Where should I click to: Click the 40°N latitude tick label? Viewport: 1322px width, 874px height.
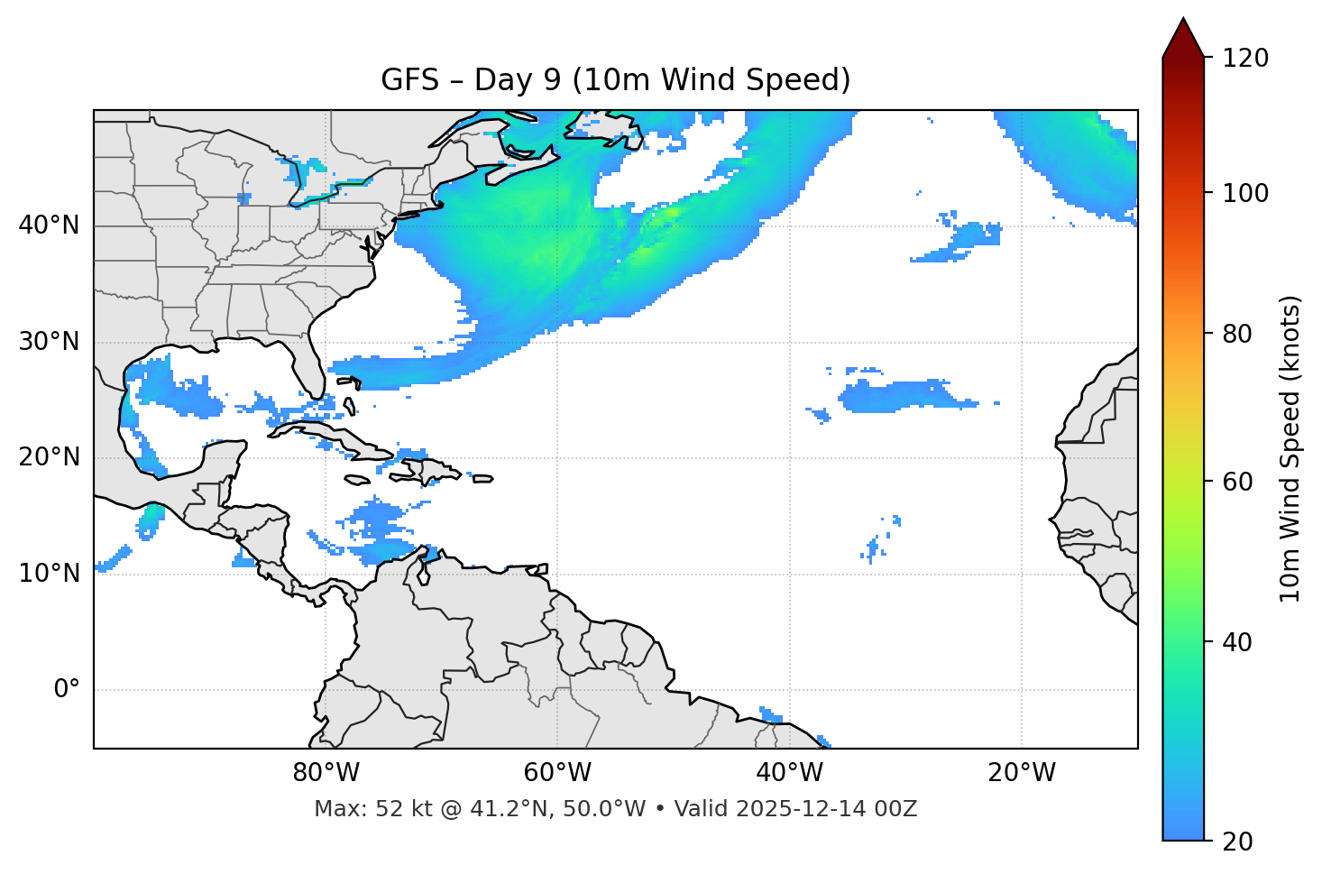pos(49,225)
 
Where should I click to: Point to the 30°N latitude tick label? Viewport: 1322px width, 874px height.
pos(49,342)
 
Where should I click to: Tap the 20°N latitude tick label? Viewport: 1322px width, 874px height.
pos(49,457)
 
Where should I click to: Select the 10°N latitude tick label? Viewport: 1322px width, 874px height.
pos(49,574)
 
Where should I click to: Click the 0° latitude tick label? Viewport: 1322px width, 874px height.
pos(66,690)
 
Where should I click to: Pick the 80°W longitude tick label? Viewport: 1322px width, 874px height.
pos(326,773)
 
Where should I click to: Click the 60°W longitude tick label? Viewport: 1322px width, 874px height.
pos(557,773)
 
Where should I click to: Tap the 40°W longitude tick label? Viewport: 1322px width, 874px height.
pos(789,773)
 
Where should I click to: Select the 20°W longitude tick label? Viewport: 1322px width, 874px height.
pos(1022,773)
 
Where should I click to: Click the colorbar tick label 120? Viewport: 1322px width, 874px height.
pos(1245,59)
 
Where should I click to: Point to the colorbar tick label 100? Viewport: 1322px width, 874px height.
pos(1245,193)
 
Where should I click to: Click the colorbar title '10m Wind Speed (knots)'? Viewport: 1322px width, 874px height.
pos(1290,448)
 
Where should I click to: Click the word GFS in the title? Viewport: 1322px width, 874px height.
pos(409,80)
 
